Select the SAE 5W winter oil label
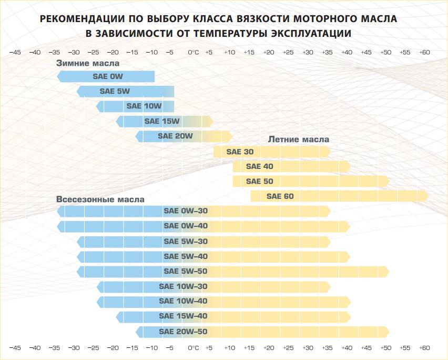pos(115,91)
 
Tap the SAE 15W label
pos(162,121)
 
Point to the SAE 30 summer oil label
pos(240,152)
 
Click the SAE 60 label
pos(280,196)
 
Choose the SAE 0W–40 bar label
pos(186,226)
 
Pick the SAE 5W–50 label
pos(186,272)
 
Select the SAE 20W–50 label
pos(183,332)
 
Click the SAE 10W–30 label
pos(183,287)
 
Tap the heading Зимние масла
pos(88,63)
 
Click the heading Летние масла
pos(299,139)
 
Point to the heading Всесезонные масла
pos(100,200)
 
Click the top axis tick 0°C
pos(193,52)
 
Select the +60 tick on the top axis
pos(424,52)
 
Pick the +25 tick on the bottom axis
pos(288,348)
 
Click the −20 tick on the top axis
pos(113,52)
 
